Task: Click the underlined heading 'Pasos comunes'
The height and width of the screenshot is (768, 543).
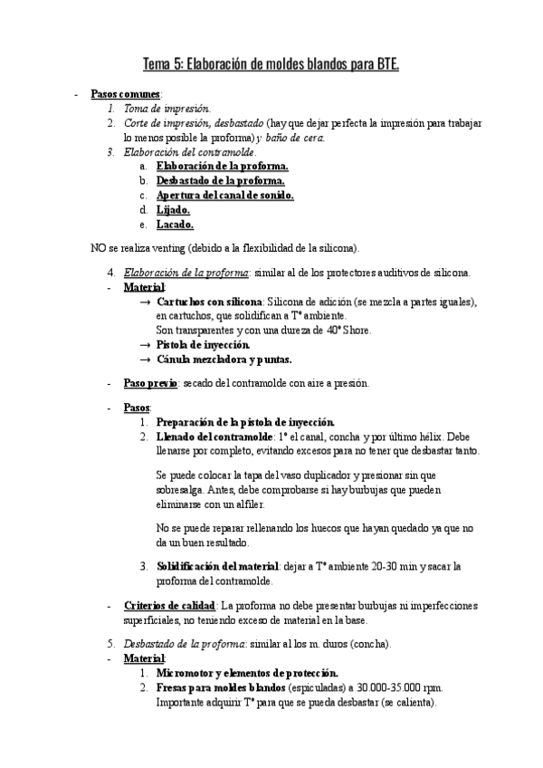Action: tap(126, 94)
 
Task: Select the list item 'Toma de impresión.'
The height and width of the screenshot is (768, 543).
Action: tap(161, 108)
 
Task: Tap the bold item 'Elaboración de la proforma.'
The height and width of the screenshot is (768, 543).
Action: tap(222, 167)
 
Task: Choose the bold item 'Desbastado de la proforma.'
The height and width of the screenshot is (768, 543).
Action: tap(221, 181)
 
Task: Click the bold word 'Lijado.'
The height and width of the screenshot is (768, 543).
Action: tap(173, 210)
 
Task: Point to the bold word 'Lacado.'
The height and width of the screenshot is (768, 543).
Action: tap(175, 225)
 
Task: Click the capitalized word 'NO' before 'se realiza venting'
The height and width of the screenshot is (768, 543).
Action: tap(100, 247)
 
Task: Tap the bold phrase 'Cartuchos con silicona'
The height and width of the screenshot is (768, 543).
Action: tap(208, 302)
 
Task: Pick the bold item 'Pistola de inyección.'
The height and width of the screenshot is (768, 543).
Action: tap(210, 345)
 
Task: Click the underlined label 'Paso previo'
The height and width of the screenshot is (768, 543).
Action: tap(149, 384)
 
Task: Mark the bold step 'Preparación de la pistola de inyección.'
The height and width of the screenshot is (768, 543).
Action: tap(245, 422)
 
